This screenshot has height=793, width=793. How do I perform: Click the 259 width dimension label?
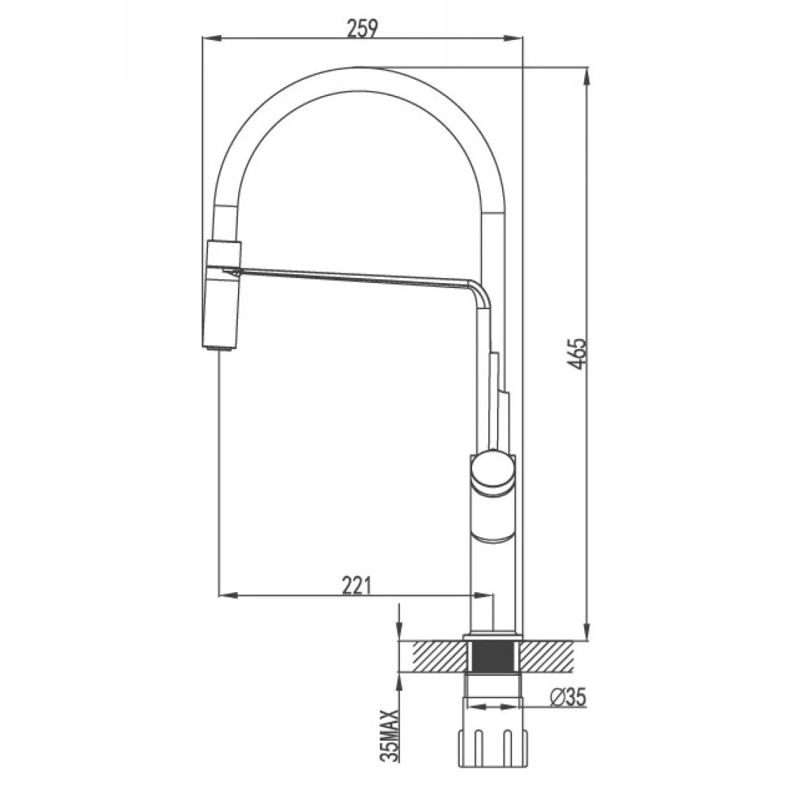362,28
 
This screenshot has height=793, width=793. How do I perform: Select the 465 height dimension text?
577,353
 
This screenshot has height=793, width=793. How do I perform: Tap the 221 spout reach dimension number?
357,583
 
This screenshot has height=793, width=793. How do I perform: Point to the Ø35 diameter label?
568,697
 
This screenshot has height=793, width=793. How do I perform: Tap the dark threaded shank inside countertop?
493,657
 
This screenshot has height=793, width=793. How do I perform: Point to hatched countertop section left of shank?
437,657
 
